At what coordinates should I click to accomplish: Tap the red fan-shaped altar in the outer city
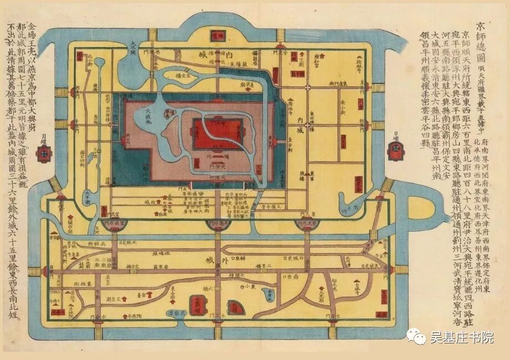(x=236, y=306)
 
